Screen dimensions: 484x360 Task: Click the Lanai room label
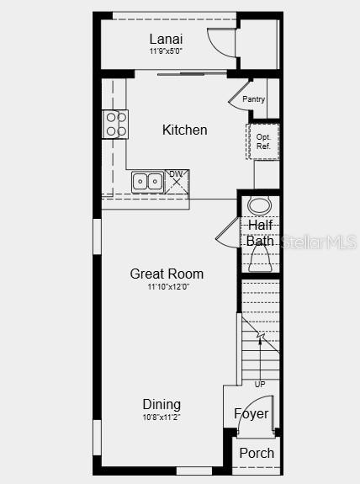pyautogui.click(x=166, y=39)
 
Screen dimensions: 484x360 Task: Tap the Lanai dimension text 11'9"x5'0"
pyautogui.click(x=166, y=51)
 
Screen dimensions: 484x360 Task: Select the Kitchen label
pyautogui.click(x=184, y=130)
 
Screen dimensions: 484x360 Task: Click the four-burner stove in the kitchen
pyautogui.click(x=115, y=125)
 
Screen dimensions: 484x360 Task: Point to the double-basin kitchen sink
pyautogui.click(x=147, y=181)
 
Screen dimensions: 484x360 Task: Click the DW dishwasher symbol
pyautogui.click(x=177, y=180)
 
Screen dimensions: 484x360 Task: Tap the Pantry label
pyautogui.click(x=253, y=99)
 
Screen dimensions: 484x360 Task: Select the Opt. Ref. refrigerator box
pyautogui.click(x=262, y=141)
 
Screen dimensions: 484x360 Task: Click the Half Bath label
pyautogui.click(x=261, y=233)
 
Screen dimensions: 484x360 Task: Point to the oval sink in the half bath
pyautogui.click(x=261, y=205)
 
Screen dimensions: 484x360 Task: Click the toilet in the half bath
pyautogui.click(x=261, y=263)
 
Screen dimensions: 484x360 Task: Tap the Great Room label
pyautogui.click(x=167, y=274)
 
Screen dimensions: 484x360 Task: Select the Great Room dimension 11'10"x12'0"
pyautogui.click(x=167, y=287)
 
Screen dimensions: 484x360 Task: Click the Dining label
pyautogui.click(x=161, y=404)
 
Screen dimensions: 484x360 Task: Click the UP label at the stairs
pyautogui.click(x=260, y=384)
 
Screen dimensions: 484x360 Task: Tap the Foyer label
pyautogui.click(x=251, y=413)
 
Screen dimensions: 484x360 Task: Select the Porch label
pyautogui.click(x=257, y=453)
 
